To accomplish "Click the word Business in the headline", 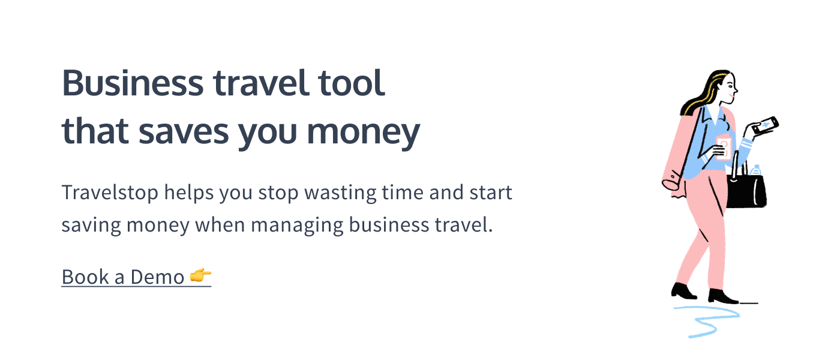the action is pyautogui.click(x=133, y=83).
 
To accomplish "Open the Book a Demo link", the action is pyautogui.click(x=137, y=277).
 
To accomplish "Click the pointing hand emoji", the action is pyautogui.click(x=200, y=275).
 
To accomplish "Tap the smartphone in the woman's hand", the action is pyautogui.click(x=765, y=125).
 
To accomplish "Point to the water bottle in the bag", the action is pyautogui.click(x=755, y=170).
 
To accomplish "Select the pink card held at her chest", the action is pyautogui.click(x=723, y=148).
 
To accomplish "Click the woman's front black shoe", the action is pyautogui.click(x=722, y=296).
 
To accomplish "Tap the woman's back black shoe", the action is pyautogui.click(x=683, y=292).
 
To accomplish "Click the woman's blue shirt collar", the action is pyautogui.click(x=715, y=115).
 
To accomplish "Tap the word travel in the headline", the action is pyautogui.click(x=261, y=83).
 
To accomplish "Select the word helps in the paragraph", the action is pyautogui.click(x=189, y=193).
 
